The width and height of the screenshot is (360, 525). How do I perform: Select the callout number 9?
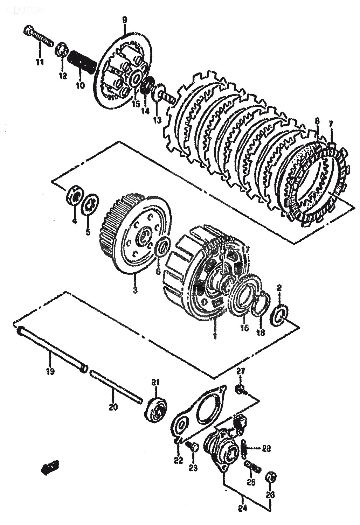coord(125,20)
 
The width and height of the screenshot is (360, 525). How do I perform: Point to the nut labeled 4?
coord(74,198)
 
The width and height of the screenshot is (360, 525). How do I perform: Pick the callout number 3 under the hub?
coord(136,290)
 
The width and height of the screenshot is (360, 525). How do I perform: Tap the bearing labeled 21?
coord(156,408)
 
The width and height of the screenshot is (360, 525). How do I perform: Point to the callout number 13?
coord(157,120)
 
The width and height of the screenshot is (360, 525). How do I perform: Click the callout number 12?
coord(63,75)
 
